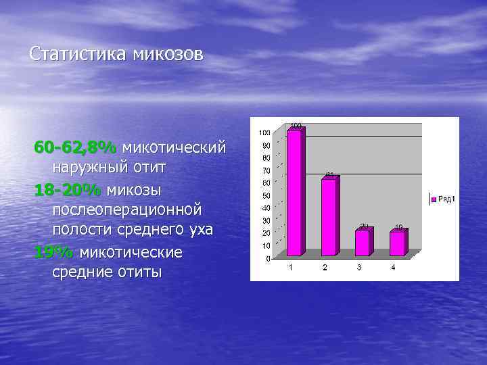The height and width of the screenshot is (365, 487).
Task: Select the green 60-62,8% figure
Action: pyautogui.click(x=76, y=147)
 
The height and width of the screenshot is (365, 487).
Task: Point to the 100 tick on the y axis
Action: pyautogui.click(x=265, y=132)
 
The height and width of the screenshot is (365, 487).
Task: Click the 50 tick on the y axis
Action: pyautogui.click(x=266, y=195)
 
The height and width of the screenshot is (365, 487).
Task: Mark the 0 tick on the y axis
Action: pyautogui.click(x=269, y=259)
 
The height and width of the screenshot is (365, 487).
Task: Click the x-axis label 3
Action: pyautogui.click(x=359, y=268)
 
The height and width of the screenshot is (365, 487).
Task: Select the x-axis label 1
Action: pyautogui.click(x=291, y=268)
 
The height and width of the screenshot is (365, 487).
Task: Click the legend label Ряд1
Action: pyautogui.click(x=446, y=199)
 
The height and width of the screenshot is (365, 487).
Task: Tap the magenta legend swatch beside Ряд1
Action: pyautogui.click(x=434, y=199)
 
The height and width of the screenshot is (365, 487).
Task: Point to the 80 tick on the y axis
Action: pyautogui.click(x=266, y=157)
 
